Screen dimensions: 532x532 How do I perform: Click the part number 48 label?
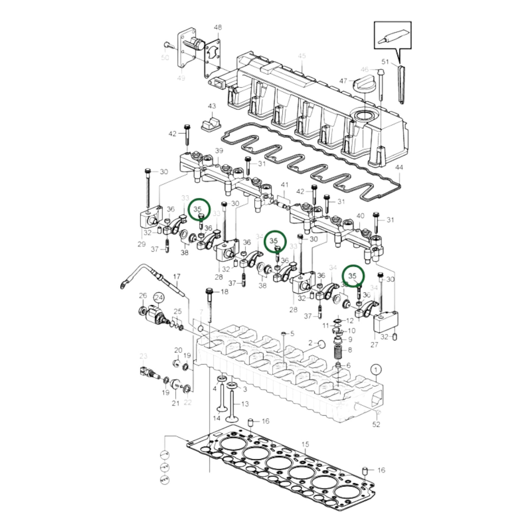[x=218, y=28]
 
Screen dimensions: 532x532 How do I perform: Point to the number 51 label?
[x=385, y=61]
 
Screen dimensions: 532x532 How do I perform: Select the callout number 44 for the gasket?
[x=399, y=168]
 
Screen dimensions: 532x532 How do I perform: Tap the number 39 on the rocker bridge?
[x=219, y=151]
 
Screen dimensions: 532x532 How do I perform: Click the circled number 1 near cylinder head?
[x=376, y=369]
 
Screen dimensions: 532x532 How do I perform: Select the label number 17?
[x=177, y=276]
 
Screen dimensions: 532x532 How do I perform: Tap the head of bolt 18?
[x=209, y=291]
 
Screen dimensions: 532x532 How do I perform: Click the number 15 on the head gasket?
[x=305, y=445]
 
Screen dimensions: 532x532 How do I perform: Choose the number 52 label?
[x=376, y=424]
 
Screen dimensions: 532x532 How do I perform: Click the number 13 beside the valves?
[x=245, y=404]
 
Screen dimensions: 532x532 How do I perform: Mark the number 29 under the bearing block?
[x=142, y=244]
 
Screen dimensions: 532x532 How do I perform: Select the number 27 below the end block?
[x=374, y=345]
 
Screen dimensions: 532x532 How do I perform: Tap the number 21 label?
[x=176, y=403]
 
